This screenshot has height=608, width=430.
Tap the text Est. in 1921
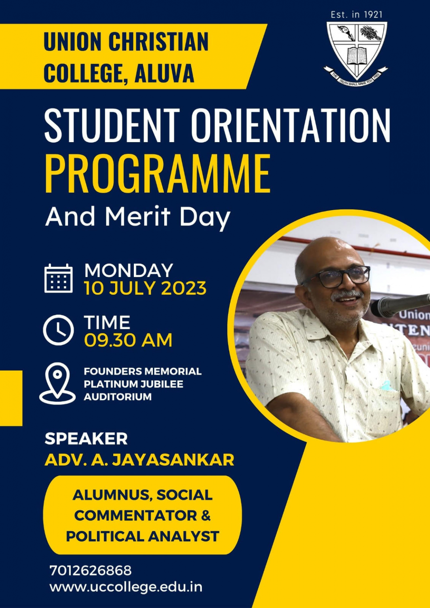[x=356, y=15]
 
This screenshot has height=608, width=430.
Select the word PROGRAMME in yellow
[x=158, y=173]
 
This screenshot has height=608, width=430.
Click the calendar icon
[x=58, y=278]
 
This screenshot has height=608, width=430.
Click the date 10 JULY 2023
[x=145, y=288]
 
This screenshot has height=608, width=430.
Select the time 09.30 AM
[x=128, y=340]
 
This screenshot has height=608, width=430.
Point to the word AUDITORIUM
[x=118, y=397]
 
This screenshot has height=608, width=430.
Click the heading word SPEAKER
[x=86, y=438]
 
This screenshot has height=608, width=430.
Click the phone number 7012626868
[x=90, y=570]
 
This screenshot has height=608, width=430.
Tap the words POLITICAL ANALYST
[x=143, y=536]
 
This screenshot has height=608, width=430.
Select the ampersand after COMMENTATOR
[x=206, y=515]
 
